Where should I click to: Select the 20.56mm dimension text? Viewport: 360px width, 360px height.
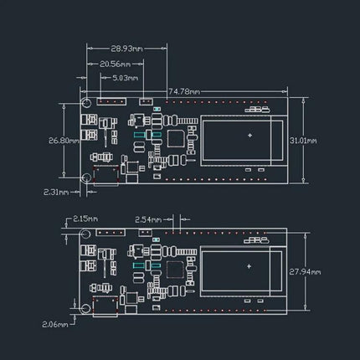coord(116,63)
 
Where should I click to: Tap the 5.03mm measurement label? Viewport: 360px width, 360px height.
coord(125,78)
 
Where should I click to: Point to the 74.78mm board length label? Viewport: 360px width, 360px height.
coord(185,90)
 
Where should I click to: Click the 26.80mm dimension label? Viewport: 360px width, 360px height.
coord(64,140)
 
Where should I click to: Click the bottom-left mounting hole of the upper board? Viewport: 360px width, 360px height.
coord(86,177)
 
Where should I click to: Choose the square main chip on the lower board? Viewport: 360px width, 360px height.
coord(177,270)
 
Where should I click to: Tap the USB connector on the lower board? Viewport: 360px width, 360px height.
coord(108,309)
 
